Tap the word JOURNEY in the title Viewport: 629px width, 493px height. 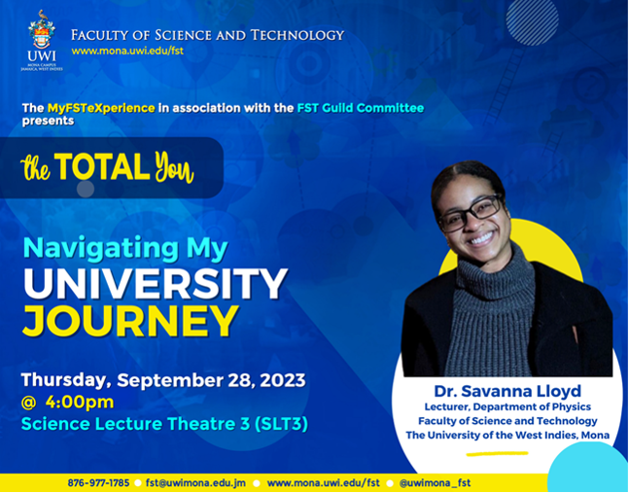(130, 321)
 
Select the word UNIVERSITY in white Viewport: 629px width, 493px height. (156, 284)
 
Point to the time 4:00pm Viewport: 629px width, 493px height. (80, 402)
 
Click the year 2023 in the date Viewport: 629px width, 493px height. (283, 380)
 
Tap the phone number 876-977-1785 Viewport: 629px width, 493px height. (98, 482)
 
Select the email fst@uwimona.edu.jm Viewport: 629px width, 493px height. (195, 482)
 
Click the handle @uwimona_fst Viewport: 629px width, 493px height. (435, 482)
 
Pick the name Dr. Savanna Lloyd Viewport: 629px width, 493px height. (507, 391)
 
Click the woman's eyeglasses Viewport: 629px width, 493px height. (471, 214)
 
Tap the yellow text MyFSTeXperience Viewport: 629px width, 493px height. (101, 108)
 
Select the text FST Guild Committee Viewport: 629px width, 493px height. (361, 108)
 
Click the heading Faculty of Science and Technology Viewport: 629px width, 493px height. (208, 35)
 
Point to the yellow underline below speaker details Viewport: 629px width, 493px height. (497, 454)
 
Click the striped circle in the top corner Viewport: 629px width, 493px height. (533, 20)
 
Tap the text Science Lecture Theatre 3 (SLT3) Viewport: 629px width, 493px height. (164, 424)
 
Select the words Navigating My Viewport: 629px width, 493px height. (125, 248)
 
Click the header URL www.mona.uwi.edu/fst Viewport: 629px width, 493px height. (127, 51)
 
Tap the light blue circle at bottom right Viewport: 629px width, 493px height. (587, 469)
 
